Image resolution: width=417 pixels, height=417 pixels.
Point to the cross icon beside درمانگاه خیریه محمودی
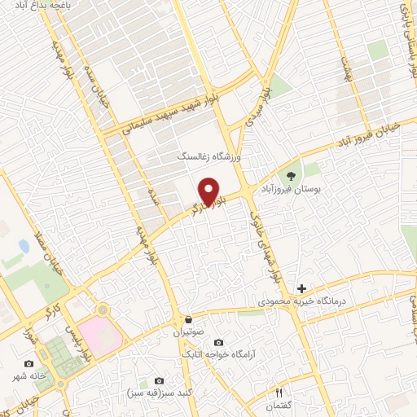click(x=301, y=288)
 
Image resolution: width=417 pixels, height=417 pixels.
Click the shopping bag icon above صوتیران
click(x=189, y=319)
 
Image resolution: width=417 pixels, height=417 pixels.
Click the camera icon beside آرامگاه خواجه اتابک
click(x=217, y=344)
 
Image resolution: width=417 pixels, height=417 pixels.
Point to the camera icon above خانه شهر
click(x=29, y=364)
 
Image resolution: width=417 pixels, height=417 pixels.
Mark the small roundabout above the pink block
click(x=102, y=309)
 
